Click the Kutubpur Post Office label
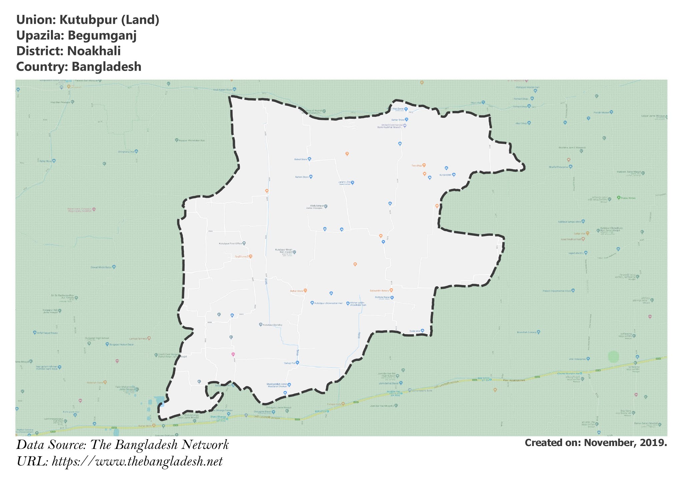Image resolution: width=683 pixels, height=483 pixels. tap(230, 244)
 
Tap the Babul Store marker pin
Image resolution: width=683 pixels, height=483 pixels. tap(309, 159)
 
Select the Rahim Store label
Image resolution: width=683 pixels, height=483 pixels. tap(302, 177)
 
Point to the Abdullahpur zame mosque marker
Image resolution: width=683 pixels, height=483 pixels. tap(326, 206)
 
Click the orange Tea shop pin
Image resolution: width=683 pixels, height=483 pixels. tap(424, 165)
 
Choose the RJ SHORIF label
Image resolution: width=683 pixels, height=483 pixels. tap(445, 175)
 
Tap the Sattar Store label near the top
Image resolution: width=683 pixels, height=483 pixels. tap(398, 120)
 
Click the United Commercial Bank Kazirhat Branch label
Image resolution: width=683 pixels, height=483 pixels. tap(389, 126)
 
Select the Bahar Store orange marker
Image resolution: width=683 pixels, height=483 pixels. tap(305, 291)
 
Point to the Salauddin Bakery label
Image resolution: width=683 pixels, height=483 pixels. tap(379, 291)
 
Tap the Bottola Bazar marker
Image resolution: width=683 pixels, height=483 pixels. tap(392, 297)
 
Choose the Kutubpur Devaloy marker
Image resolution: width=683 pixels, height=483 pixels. tap(261, 324)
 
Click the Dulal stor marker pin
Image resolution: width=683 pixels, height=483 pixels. tap(423, 331)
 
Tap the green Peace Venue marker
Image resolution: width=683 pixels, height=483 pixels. tap(619, 197)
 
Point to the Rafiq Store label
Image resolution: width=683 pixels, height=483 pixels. tap(46, 161)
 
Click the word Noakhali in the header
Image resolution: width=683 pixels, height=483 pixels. tap(94, 51)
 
